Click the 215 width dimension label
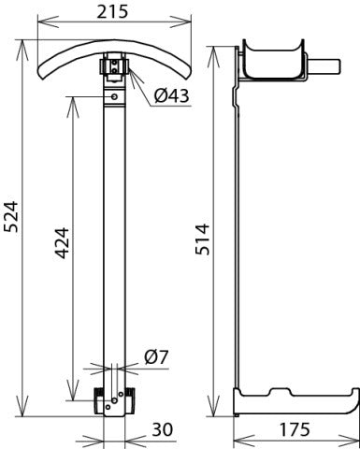[x=115, y=13]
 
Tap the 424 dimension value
[x=60, y=248]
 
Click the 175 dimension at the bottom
[x=294, y=432]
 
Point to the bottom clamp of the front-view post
[x=113, y=403]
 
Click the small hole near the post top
[x=114, y=95]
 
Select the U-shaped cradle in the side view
[x=272, y=62]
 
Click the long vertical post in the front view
[x=114, y=234]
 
